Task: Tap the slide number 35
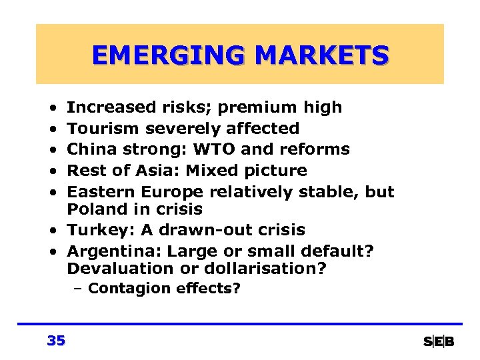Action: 56,341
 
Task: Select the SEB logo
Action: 439,342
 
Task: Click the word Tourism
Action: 104,128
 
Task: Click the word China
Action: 91,149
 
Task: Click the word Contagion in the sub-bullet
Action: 129,289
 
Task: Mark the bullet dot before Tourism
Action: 52,129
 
